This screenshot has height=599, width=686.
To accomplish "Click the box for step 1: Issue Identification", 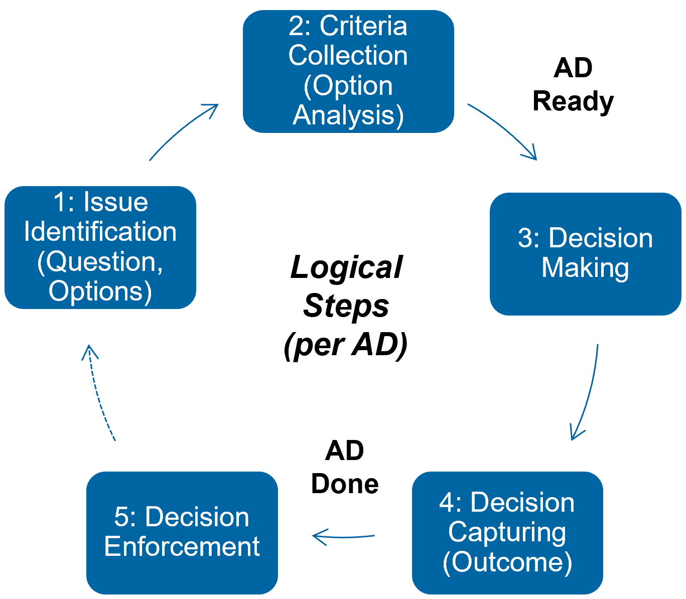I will pyautogui.click(x=100, y=247).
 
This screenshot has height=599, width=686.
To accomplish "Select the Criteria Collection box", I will pyautogui.click(x=348, y=71).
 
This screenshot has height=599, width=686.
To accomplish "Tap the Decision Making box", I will pyautogui.click(x=585, y=254).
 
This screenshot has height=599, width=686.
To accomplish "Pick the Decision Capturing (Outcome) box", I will pyautogui.click(x=507, y=533).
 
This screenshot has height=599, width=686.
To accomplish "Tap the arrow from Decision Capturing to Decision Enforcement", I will pyautogui.click(x=343, y=536).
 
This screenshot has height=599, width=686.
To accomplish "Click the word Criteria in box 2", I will pyautogui.click(x=363, y=26).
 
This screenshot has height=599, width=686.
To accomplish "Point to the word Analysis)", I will pyautogui.click(x=348, y=115).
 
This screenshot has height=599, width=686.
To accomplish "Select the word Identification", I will pyautogui.click(x=100, y=232).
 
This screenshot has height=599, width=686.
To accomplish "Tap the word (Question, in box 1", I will pyautogui.click(x=100, y=262).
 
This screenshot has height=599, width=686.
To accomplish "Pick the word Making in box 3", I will pyautogui.click(x=585, y=268).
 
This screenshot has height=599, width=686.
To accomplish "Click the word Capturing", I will pyautogui.click(x=507, y=533).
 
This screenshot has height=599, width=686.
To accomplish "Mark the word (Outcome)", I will pyautogui.click(x=507, y=562).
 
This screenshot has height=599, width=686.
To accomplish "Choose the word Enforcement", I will pyautogui.click(x=182, y=547).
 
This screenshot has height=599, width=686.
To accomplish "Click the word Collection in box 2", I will pyautogui.click(x=348, y=56).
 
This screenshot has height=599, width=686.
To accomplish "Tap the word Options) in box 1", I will pyautogui.click(x=100, y=291).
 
